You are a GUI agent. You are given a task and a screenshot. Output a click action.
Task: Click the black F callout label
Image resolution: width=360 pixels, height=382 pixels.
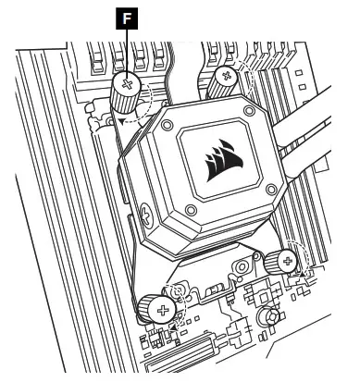pos(127,18)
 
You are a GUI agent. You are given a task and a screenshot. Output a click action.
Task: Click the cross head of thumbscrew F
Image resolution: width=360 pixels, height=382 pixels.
pos(127,83)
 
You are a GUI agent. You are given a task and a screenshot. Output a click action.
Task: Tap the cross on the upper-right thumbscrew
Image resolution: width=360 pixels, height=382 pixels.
pos(227,76)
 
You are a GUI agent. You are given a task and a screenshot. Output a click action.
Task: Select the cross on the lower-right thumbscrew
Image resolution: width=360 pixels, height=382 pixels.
pos(288,262)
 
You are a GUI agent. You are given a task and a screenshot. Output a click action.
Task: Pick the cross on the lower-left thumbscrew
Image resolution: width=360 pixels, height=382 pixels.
pos(163,311)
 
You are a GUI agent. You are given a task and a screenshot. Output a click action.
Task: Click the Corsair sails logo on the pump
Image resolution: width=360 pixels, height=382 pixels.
pos(223,160)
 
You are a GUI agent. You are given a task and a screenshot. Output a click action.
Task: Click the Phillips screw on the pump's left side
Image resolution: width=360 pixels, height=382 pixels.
pos(146,214)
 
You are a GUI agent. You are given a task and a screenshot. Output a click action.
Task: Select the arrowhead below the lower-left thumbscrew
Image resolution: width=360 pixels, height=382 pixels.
pos(174,328)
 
